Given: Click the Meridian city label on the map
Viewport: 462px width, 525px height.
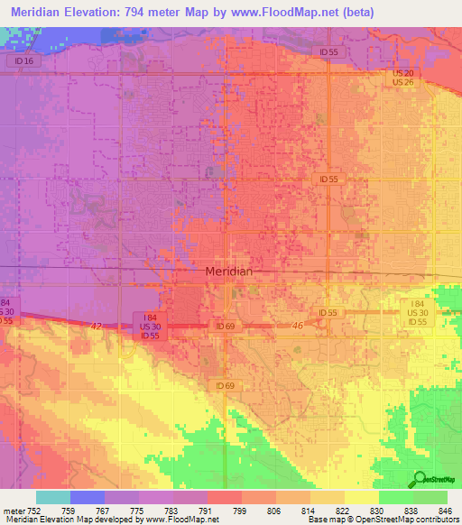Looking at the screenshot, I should tap(229, 271).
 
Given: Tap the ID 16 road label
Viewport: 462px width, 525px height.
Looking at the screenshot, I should tap(24, 60).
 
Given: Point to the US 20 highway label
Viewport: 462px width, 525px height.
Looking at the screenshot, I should tap(402, 73).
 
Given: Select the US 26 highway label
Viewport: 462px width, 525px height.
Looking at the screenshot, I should tap(402, 83).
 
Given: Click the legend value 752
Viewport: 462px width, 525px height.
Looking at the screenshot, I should tap(34, 510).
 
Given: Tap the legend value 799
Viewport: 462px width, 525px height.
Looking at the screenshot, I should tap(240, 510).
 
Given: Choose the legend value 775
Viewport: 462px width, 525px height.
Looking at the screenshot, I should tap(137, 510).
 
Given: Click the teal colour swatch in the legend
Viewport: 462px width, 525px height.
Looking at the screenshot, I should tap(52, 497).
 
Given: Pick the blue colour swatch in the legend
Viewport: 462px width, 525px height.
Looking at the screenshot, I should tap(87, 497).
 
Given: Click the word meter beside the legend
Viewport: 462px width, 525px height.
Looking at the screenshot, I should tap(13, 510).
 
